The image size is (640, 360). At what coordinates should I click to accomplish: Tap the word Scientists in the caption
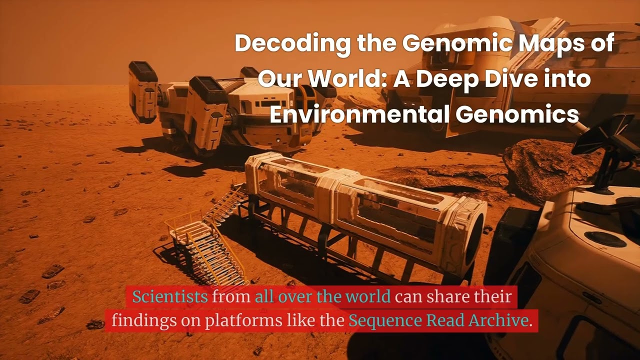tap(170, 297)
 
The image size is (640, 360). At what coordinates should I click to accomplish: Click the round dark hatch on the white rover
tap(605, 239)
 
